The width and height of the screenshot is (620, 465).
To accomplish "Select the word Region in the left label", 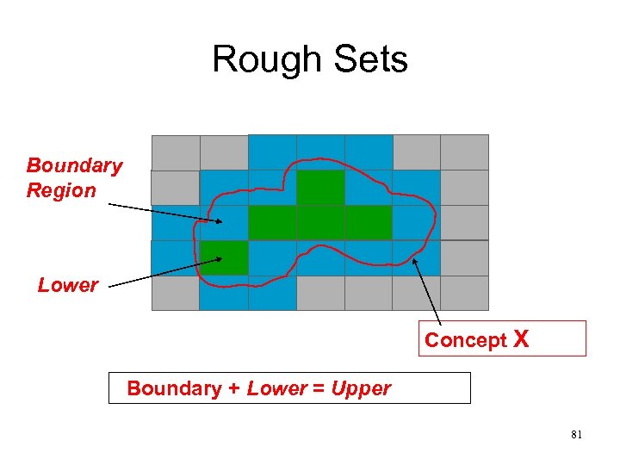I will click(61, 190).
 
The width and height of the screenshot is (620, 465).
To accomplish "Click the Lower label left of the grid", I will click(68, 285).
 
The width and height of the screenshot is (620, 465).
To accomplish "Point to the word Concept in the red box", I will click(466, 340).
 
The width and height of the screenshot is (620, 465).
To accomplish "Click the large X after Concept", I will click(521, 339).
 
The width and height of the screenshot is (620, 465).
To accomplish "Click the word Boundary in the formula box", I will click(174, 388).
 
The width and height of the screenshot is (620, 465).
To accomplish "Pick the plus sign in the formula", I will click(233, 388).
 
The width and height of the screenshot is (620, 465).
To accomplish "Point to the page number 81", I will click(576, 435).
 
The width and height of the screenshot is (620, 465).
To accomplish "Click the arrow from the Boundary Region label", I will click(164, 213).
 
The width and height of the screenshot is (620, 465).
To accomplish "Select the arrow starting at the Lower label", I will click(164, 270).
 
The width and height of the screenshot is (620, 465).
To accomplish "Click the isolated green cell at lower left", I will click(224, 257).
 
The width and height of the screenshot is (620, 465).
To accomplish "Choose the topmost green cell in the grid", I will click(320, 187).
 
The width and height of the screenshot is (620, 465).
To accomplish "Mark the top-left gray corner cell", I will click(176, 152).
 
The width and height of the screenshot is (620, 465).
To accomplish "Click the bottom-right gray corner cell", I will click(464, 293).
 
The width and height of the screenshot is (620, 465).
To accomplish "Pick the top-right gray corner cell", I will click(464, 152).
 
